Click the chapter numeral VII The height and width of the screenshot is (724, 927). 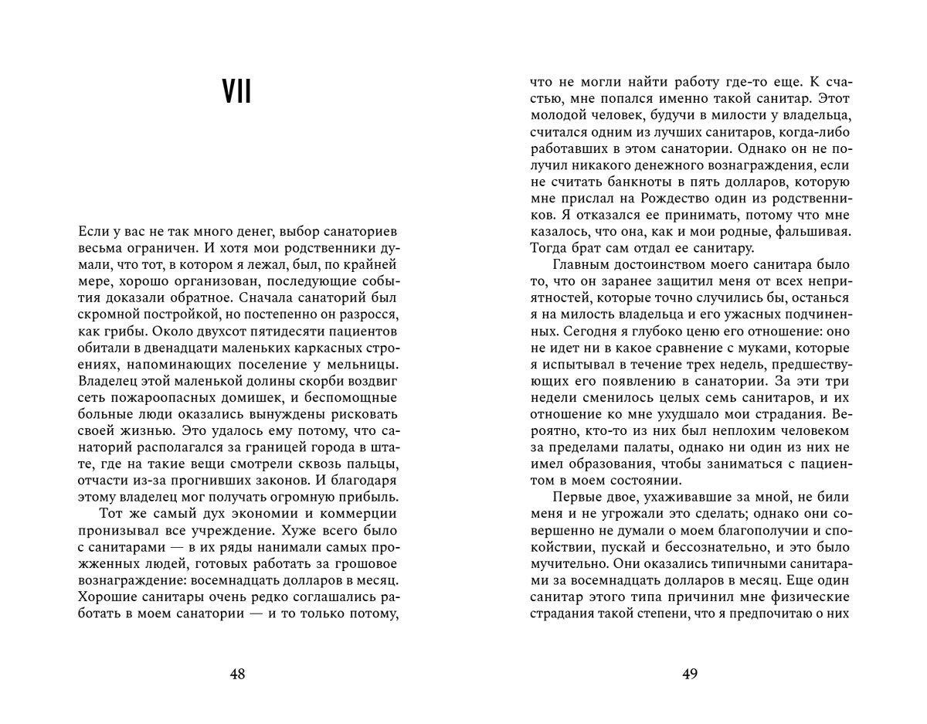(237, 93)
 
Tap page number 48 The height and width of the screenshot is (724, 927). (237, 674)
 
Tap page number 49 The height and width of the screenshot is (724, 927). (690, 674)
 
